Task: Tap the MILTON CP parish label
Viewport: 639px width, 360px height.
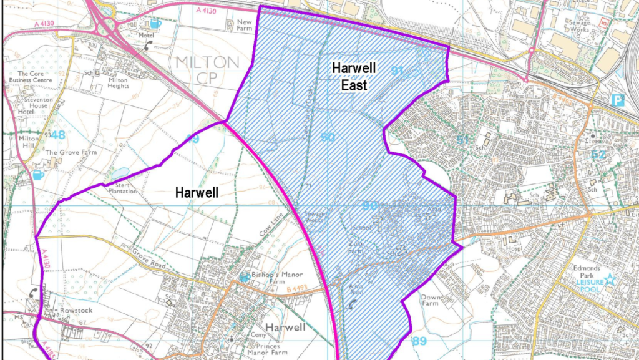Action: pos(208,69)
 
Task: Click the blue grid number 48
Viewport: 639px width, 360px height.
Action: pos(59,135)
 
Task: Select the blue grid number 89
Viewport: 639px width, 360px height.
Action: pos(419,341)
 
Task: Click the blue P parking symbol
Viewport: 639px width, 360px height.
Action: pos(617,99)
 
